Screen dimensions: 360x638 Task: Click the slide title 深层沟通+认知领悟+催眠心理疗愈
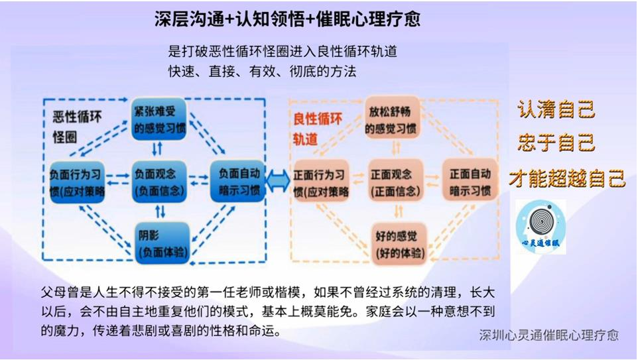tap(287, 19)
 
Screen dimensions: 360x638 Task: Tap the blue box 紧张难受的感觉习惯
tap(159, 120)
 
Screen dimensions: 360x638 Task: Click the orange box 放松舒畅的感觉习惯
tap(393, 120)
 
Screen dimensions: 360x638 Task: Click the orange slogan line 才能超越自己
tap(566, 177)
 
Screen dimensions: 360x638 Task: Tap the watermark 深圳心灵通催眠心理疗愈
tap(548, 335)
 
